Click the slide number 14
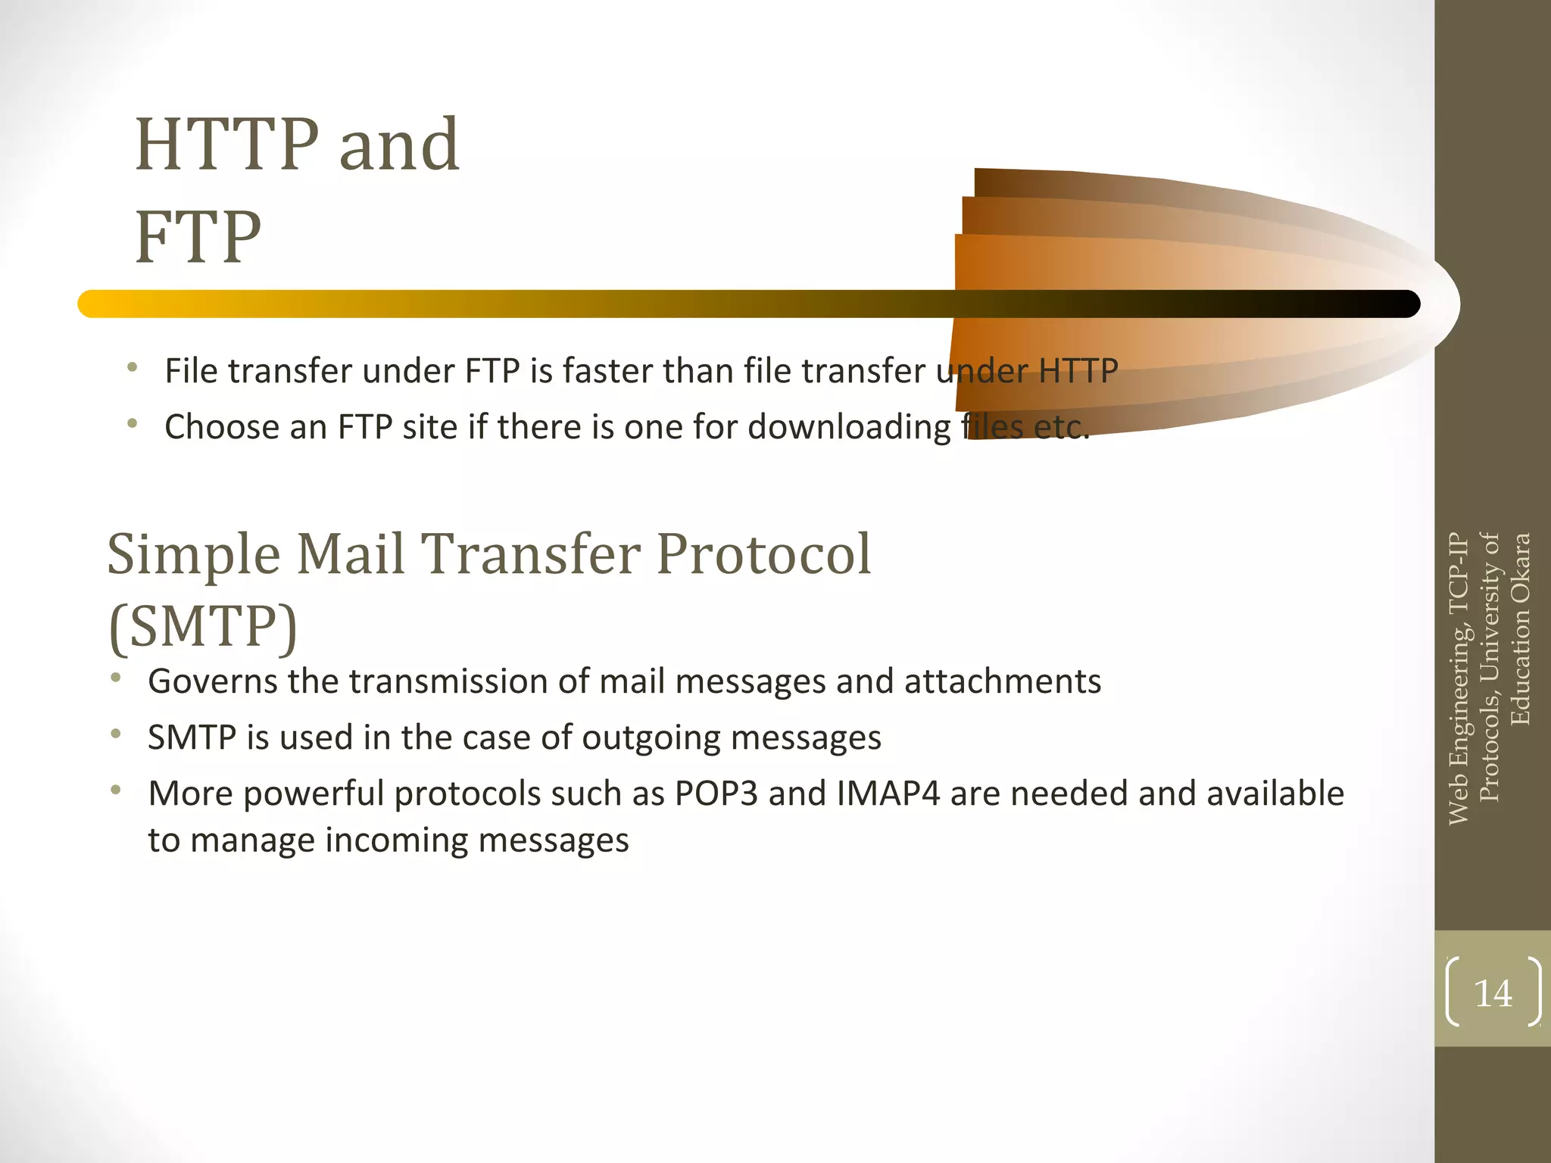click(x=1493, y=993)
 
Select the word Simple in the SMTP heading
click(x=194, y=555)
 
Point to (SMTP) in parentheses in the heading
click(x=203, y=626)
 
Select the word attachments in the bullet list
click(x=1003, y=681)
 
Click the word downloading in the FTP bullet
click(x=849, y=428)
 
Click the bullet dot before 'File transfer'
click(x=133, y=369)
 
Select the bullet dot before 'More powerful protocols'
click(x=115, y=791)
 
